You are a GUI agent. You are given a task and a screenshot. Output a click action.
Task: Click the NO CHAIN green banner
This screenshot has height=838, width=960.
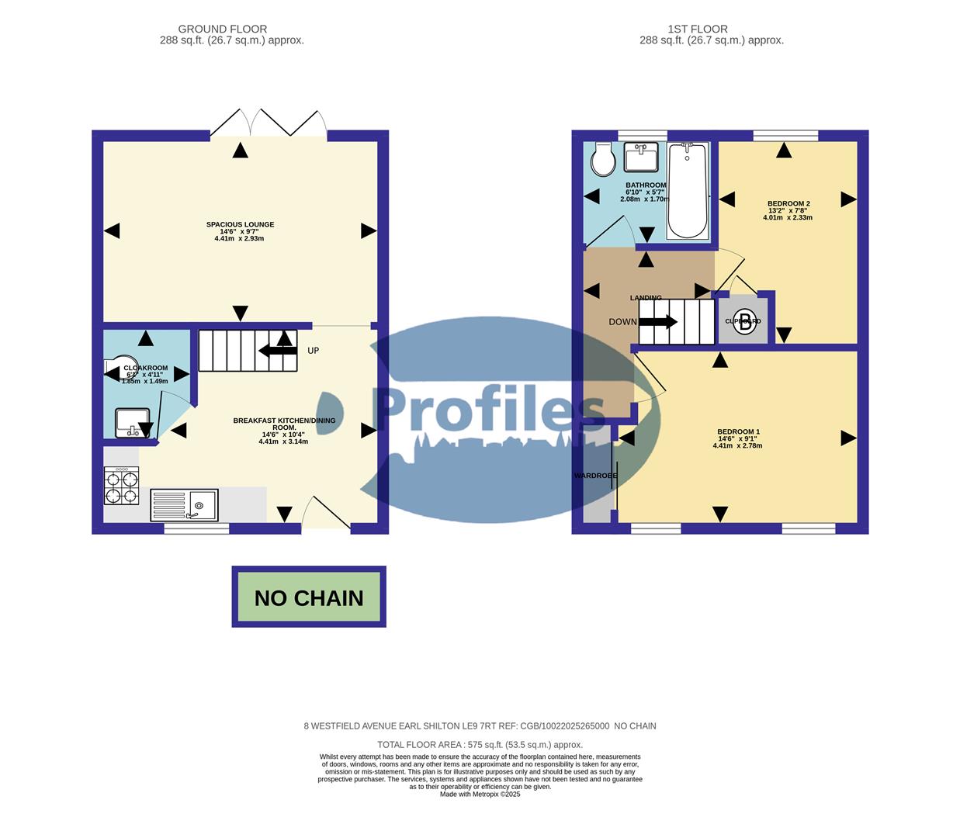point(309,597)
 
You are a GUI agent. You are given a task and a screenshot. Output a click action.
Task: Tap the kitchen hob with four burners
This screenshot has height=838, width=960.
point(121,486)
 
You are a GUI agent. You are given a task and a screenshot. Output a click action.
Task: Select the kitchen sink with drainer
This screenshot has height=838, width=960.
point(184,505)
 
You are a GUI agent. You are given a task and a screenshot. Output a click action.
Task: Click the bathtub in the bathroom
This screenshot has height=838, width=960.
point(688,190)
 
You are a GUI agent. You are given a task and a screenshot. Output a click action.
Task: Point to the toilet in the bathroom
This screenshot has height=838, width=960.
point(602,159)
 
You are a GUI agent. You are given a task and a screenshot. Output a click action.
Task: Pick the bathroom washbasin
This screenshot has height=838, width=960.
point(642,158)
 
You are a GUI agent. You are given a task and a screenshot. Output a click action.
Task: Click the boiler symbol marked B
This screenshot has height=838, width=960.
point(745,321)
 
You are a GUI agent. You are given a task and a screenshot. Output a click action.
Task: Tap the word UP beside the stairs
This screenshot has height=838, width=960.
point(313,351)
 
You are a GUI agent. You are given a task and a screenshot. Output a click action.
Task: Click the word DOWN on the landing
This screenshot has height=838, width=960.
point(622,322)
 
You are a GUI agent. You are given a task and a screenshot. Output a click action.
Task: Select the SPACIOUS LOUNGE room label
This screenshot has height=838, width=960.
point(240,224)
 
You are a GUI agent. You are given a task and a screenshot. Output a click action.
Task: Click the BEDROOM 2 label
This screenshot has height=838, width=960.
point(788,203)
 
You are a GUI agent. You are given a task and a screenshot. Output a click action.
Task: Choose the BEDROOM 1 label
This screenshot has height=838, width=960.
point(738,431)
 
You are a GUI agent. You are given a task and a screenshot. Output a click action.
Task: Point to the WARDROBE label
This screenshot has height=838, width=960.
point(596,475)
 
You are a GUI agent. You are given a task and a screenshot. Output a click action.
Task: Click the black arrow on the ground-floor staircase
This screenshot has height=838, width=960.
point(277,351)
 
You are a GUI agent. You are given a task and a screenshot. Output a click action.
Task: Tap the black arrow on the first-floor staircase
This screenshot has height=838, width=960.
point(659,322)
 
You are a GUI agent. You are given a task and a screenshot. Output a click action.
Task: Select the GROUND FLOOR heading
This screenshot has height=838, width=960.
point(223,29)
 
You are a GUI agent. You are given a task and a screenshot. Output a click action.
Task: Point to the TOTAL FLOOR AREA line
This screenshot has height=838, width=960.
point(480,744)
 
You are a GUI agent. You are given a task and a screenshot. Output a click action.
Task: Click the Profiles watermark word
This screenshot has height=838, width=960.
point(489,410)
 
